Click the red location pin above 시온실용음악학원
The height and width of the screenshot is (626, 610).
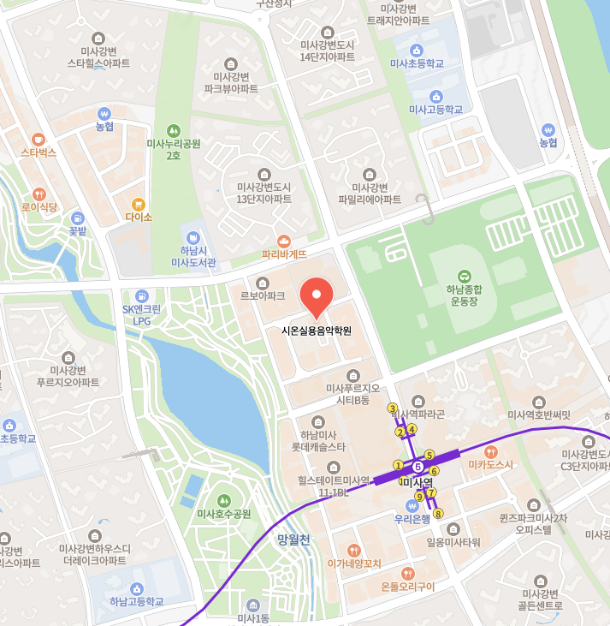click(317, 299)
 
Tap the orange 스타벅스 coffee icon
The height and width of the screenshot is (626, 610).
click(38, 139)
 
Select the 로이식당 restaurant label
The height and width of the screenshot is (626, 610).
click(39, 206)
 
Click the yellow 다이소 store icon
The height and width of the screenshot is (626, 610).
click(138, 204)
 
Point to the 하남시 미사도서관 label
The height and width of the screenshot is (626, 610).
click(192, 256)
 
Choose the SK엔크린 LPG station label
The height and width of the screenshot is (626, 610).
click(141, 315)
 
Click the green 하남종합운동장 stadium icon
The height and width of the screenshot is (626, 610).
click(464, 276)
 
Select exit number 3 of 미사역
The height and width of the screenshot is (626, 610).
click(393, 408)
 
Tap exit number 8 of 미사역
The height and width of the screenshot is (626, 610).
click(438, 514)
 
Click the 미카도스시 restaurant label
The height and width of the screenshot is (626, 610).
click(490, 464)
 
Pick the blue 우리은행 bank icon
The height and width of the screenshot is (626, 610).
click(412, 505)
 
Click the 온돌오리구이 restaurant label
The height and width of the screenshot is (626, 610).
click(407, 587)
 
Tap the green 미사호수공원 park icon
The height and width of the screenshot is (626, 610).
click(224, 500)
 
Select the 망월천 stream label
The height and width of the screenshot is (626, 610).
click(293, 540)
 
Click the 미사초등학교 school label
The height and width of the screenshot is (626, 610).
click(417, 63)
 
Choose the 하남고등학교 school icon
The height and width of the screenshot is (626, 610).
click(136, 587)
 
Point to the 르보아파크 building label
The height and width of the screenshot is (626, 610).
click(262, 295)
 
